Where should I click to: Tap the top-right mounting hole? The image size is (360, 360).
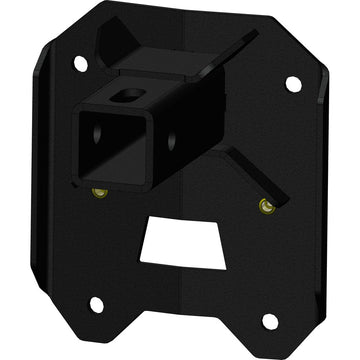coord(292,85)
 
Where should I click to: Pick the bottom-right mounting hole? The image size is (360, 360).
coord(268,320)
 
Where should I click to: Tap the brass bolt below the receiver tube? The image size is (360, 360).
coord(99,192)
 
